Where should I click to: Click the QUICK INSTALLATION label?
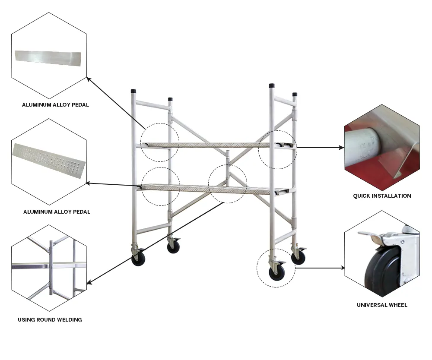point(382,196)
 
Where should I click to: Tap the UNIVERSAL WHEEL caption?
point(382,305)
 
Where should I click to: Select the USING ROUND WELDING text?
point(50,320)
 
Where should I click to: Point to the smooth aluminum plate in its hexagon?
point(48,58)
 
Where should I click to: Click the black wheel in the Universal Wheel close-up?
point(380,274)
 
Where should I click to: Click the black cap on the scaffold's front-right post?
point(272,85)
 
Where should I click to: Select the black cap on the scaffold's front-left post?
point(133,92)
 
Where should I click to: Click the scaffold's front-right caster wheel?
point(275,273)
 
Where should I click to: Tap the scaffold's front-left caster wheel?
point(138,259)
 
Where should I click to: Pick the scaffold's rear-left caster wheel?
point(173,246)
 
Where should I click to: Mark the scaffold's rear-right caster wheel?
point(298,257)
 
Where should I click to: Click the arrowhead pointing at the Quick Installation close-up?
point(342,148)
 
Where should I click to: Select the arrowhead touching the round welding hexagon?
point(89,283)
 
